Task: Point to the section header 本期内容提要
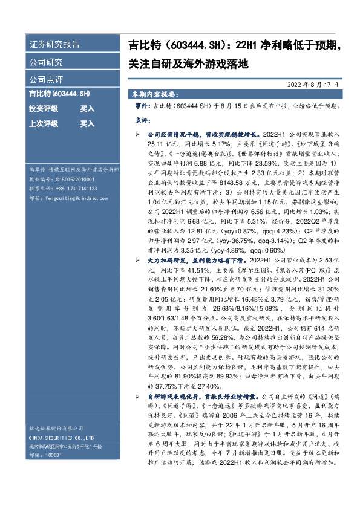tap(154, 96)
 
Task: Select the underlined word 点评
tap(142, 120)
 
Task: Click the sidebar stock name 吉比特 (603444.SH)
tap(59, 94)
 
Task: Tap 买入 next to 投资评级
tap(88, 109)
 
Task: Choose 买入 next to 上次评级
tap(88, 123)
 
